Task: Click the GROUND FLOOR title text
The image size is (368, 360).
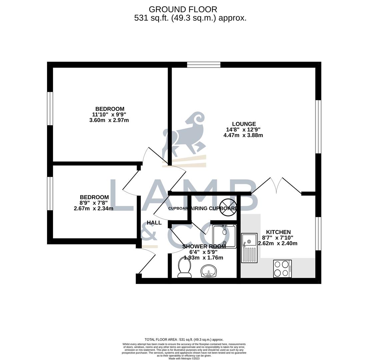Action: (x=183, y=9)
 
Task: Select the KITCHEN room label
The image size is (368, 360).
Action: (x=278, y=232)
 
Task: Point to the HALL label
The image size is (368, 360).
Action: (x=154, y=223)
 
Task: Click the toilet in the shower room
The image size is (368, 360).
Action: (x=185, y=267)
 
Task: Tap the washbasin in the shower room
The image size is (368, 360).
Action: (x=209, y=270)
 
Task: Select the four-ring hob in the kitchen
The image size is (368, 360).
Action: (x=282, y=268)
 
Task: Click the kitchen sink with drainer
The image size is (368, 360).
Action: (x=249, y=248)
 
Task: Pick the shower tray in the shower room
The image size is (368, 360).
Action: (x=224, y=236)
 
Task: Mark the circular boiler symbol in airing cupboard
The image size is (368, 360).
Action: (x=228, y=207)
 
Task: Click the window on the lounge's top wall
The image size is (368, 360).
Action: (x=204, y=65)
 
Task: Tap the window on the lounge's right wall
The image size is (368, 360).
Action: (x=318, y=127)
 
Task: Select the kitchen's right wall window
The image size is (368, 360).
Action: (x=318, y=233)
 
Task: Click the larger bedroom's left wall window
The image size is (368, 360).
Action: (x=50, y=108)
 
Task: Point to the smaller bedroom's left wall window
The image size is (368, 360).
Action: (x=50, y=193)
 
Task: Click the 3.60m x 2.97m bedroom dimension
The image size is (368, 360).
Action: (x=109, y=120)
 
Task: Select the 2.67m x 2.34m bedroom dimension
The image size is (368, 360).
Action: (x=93, y=209)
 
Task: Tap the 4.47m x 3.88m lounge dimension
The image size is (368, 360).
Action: (x=243, y=135)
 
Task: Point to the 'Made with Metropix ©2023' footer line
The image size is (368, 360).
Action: (x=184, y=358)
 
